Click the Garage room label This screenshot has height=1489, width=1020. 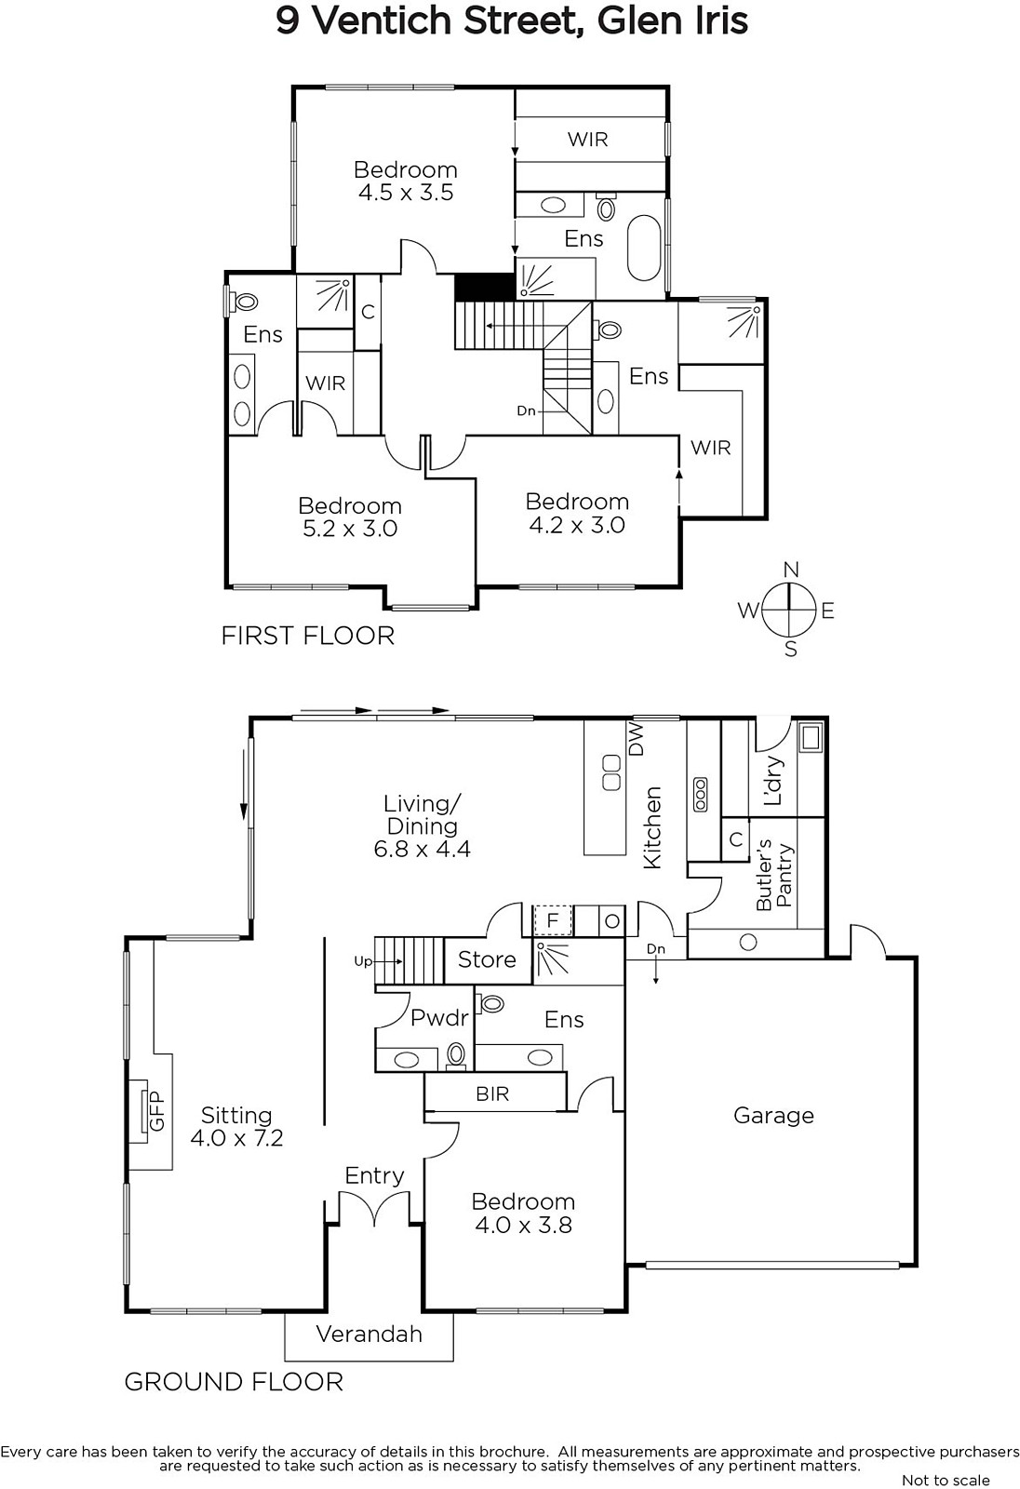tap(773, 1116)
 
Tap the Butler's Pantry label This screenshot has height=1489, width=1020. tap(774, 874)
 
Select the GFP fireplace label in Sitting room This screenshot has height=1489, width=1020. tap(156, 1111)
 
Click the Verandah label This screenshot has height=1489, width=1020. tap(369, 1334)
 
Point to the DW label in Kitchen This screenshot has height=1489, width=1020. tap(637, 739)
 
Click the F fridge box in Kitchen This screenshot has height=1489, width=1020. tap(553, 920)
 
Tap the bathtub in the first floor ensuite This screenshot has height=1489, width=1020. tap(643, 248)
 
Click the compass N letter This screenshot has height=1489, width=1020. tap(790, 570)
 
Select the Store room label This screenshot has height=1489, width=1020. tap(487, 959)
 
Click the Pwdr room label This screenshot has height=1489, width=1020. tap(439, 1018)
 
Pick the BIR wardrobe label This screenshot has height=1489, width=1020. tap(492, 1093)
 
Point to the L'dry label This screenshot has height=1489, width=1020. tap(774, 781)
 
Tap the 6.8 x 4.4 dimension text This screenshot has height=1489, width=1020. tap(423, 849)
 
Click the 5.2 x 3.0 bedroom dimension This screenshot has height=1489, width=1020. tap(350, 529)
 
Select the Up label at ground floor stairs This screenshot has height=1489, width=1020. tap(363, 962)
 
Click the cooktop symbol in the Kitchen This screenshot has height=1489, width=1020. tap(700, 795)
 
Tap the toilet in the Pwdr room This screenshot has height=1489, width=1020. tap(455, 1055)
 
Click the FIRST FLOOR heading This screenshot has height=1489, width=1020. tap(308, 637)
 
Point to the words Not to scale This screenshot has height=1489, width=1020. tap(946, 1480)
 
